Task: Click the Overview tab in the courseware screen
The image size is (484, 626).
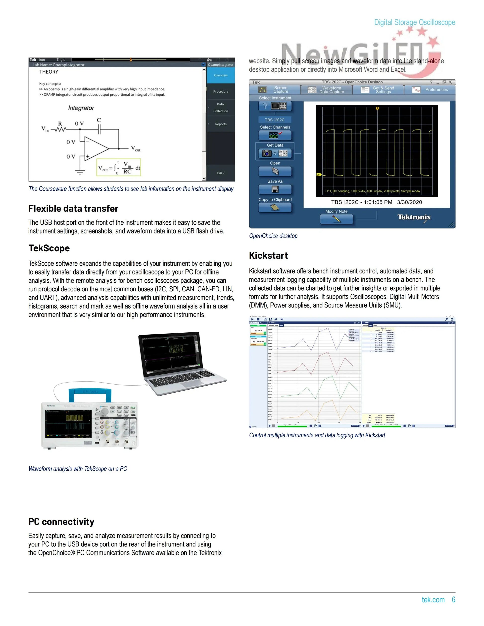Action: [x=221, y=75]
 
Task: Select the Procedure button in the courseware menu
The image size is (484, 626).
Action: [x=221, y=91]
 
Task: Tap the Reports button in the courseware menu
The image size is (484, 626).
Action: [x=221, y=124]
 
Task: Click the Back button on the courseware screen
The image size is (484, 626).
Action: [x=221, y=173]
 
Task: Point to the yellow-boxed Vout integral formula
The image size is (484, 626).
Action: [x=119, y=167]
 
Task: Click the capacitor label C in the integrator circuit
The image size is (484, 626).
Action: [x=99, y=120]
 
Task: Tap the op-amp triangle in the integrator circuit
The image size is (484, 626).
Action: [x=96, y=148]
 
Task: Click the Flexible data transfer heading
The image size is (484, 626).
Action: [x=73, y=208]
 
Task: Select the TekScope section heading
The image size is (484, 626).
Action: [x=49, y=248]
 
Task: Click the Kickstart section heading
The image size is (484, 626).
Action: [x=268, y=255]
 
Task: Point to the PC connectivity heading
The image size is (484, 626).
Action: [x=61, y=521]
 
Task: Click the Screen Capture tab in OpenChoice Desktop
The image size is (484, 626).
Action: [x=274, y=90]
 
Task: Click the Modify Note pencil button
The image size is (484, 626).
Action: [x=336, y=219]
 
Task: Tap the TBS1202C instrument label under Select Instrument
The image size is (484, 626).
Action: [x=274, y=120]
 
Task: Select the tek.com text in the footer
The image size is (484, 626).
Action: [x=433, y=600]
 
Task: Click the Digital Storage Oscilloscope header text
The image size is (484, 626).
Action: [x=414, y=22]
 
